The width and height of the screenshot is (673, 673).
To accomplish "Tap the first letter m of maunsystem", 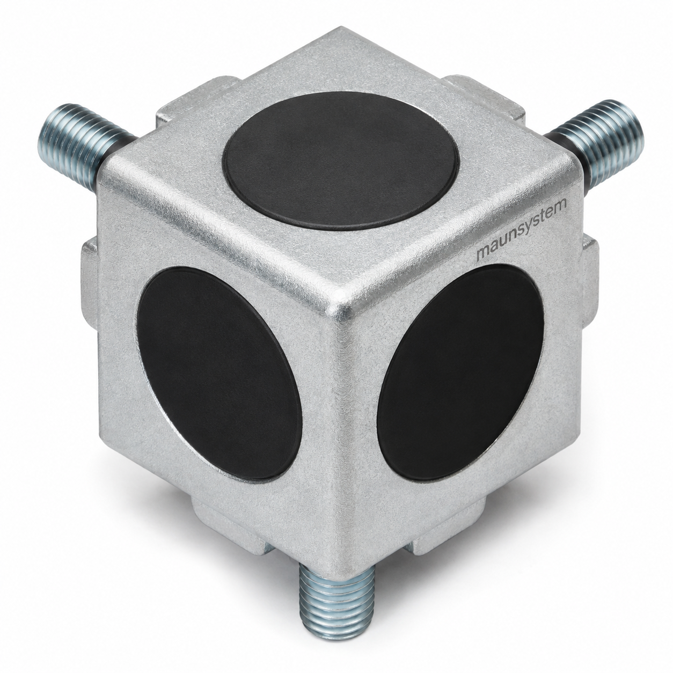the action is coord(484,253).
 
